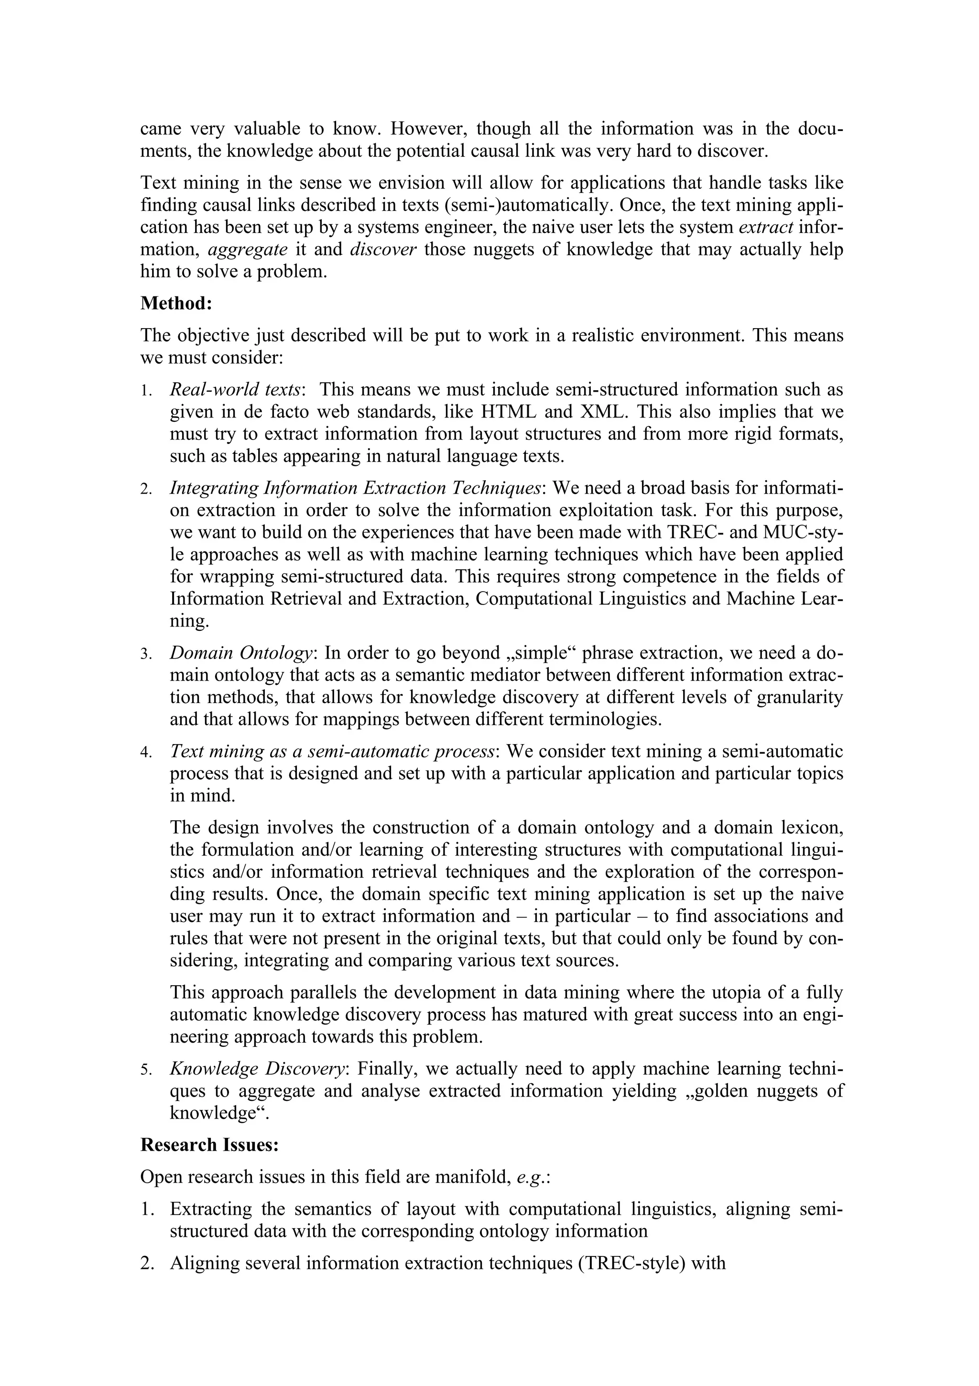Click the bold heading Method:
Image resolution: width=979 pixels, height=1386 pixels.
[x=176, y=304]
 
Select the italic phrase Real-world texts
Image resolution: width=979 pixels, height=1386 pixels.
[x=235, y=390]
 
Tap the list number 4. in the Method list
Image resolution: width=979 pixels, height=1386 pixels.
[x=147, y=753]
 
